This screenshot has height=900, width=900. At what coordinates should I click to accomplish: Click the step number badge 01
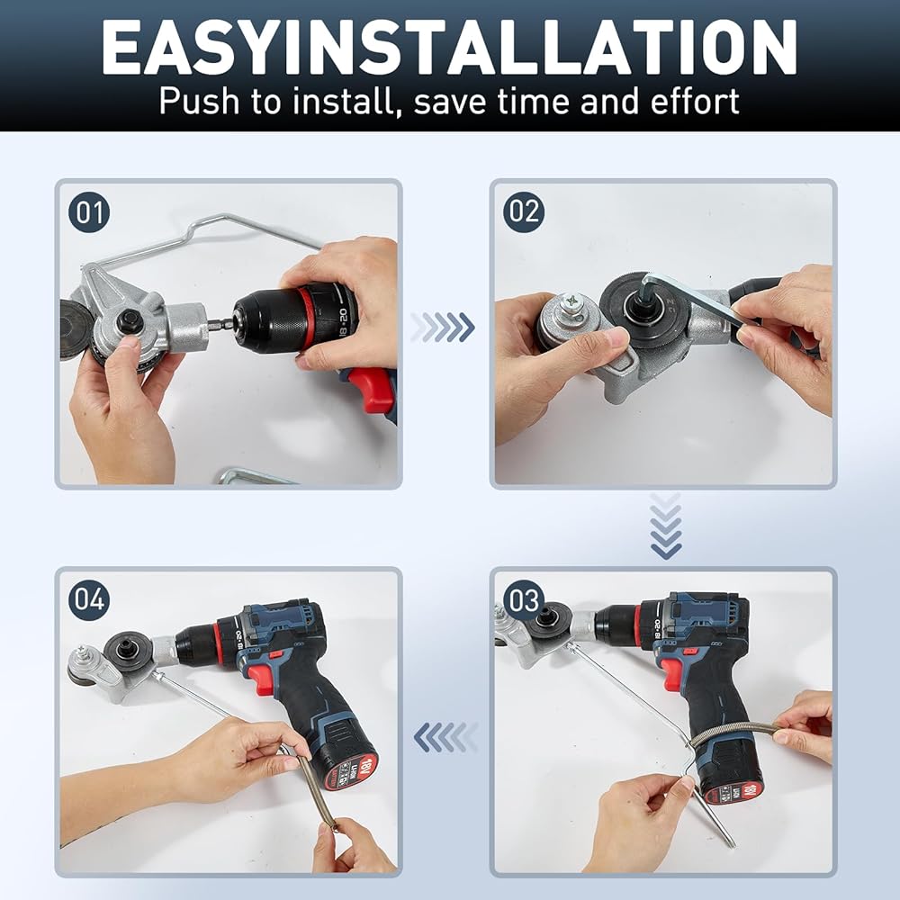[x=89, y=212]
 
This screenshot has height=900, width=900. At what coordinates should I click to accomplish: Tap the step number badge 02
[x=524, y=211]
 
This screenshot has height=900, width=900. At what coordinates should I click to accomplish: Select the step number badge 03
[x=524, y=599]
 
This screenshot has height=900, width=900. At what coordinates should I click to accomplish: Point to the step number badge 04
[x=89, y=599]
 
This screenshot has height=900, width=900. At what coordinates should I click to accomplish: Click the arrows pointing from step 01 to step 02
[x=443, y=328]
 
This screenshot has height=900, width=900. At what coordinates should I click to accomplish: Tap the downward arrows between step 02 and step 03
[x=666, y=526]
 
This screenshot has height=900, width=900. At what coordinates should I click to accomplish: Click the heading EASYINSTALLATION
[x=449, y=48]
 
